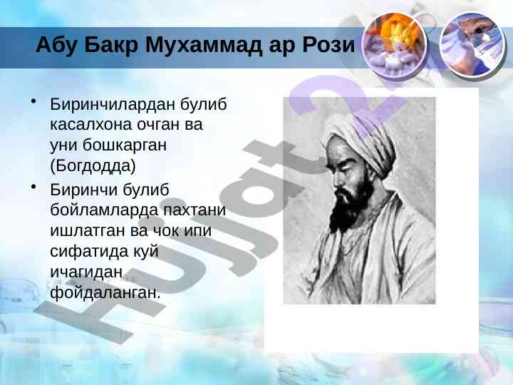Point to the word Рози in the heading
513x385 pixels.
click(328, 44)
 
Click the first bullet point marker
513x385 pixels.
click(33, 101)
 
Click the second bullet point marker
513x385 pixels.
click(33, 187)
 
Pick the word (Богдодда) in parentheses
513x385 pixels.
click(93, 166)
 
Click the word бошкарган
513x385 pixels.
click(124, 145)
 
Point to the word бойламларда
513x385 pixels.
click(104, 210)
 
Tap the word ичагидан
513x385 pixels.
click(86, 272)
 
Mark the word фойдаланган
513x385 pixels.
click(105, 292)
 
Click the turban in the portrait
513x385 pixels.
click(360, 140)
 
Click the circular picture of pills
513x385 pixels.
click(395, 45)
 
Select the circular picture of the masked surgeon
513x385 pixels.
click(472, 45)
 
